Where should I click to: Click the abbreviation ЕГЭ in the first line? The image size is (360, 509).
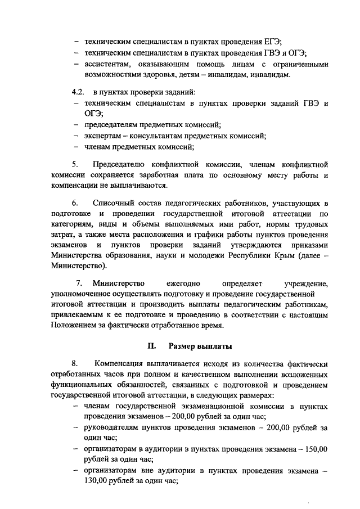point(272,42)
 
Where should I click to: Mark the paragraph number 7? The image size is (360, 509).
point(79,282)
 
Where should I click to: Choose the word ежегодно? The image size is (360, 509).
point(183,282)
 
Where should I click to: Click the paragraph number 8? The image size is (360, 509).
point(74,364)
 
